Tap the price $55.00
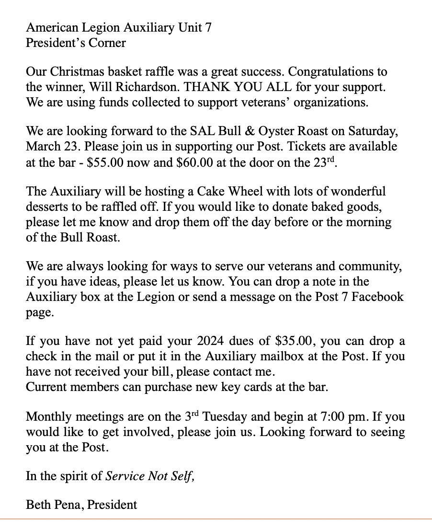[x=106, y=162]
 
